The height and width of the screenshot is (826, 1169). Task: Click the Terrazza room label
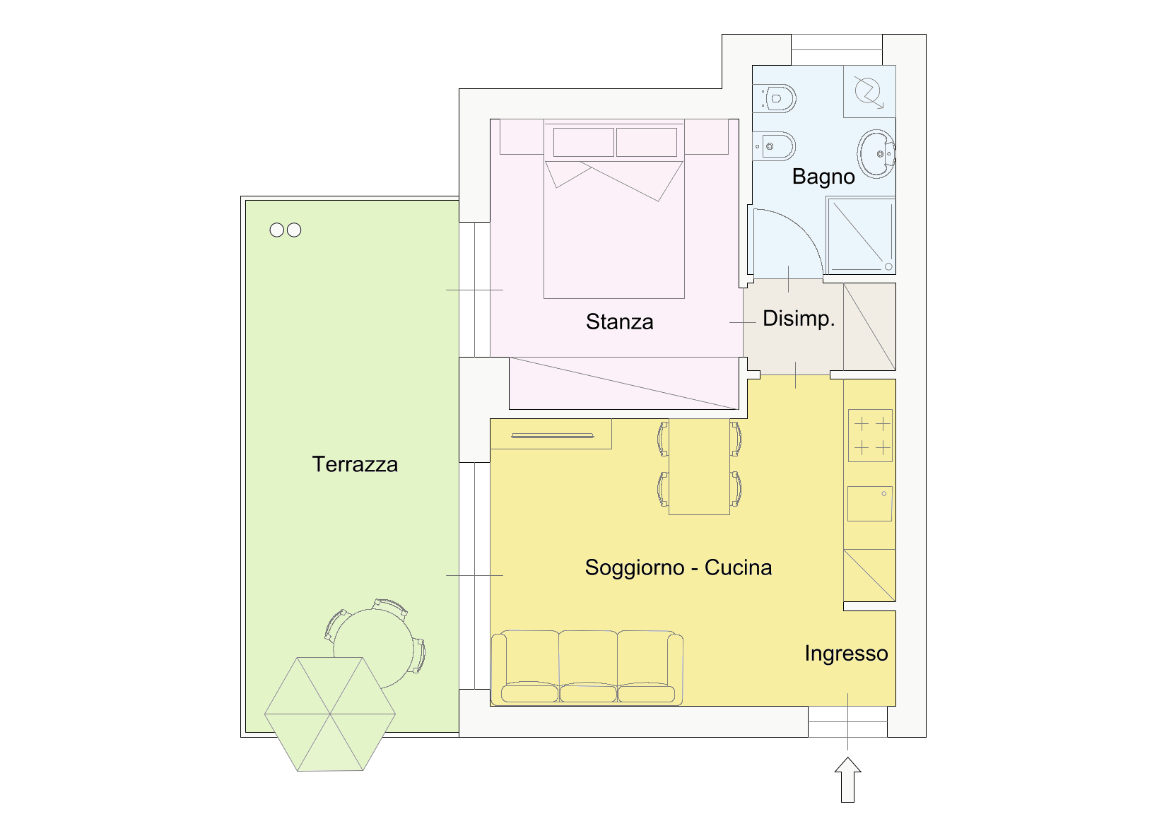[x=355, y=464]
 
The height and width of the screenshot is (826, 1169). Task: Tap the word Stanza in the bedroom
[x=619, y=321]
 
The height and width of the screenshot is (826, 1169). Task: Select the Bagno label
[x=823, y=177]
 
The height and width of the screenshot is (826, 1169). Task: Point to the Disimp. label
[x=799, y=318]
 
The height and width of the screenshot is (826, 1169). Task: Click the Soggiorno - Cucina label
[x=679, y=567]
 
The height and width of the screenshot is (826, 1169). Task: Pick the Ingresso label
[x=846, y=654]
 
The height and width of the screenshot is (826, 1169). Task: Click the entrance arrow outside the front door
[x=847, y=779]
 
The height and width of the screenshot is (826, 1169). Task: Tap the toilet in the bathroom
[x=775, y=98]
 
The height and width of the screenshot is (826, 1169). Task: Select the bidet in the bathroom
[x=775, y=146]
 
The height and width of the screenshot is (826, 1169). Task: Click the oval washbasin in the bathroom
[x=876, y=154]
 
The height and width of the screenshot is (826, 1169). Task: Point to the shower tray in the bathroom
[x=861, y=235]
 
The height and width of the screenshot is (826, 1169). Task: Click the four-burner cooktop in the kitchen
[x=871, y=436]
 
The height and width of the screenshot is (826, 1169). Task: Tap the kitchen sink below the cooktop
[x=870, y=504]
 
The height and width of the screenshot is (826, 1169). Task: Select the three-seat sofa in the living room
[x=587, y=668]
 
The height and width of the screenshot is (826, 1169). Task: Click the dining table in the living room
[x=699, y=466]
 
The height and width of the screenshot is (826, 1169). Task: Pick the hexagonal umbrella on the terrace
[x=330, y=714]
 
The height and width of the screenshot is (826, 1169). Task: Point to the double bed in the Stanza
[x=614, y=208]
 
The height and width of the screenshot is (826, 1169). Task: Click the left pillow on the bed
[x=584, y=142]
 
